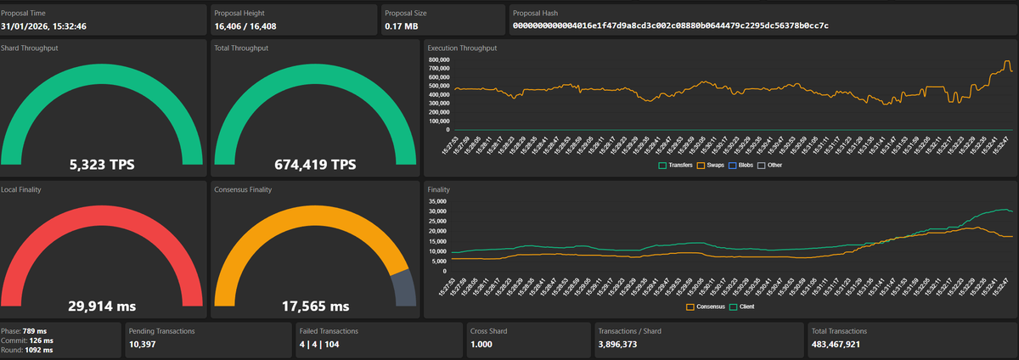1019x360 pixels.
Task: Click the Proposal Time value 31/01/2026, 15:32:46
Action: (x=44, y=26)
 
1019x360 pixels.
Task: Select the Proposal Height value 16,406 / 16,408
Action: (x=251, y=26)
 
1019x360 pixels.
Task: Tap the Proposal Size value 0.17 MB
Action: (x=401, y=26)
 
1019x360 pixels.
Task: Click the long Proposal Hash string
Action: (x=670, y=26)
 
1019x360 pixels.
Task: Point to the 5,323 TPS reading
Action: (x=101, y=164)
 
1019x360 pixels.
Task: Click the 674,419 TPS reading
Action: (x=315, y=164)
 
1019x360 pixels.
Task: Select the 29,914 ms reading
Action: (x=101, y=306)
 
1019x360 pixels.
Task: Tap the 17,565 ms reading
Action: (x=315, y=306)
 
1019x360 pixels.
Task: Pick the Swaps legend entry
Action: (x=712, y=165)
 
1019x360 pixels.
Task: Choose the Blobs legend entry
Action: (x=743, y=165)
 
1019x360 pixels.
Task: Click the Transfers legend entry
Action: (x=676, y=165)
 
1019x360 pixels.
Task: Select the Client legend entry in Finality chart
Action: (x=741, y=307)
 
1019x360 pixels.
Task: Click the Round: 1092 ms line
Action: (x=28, y=350)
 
